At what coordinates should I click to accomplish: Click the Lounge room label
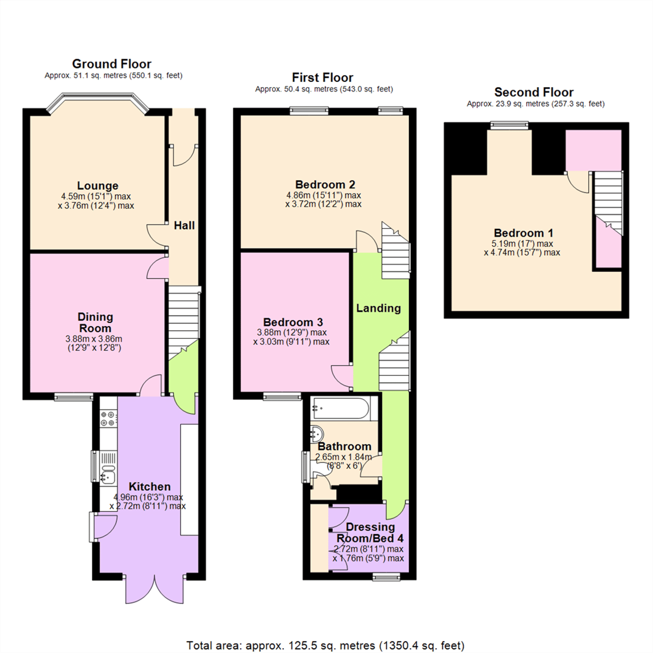pyautogui.click(x=98, y=185)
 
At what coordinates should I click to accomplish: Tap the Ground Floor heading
pyautogui.click(x=112, y=64)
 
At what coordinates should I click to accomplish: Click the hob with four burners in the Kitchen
pyautogui.click(x=108, y=419)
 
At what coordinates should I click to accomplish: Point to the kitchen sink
pyautogui.click(x=108, y=477)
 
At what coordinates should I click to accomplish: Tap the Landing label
pyautogui.click(x=378, y=308)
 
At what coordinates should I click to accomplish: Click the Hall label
pyautogui.click(x=184, y=225)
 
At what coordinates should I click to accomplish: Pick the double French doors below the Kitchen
pyautogui.click(x=155, y=590)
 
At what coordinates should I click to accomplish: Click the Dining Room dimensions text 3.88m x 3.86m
pyautogui.click(x=94, y=339)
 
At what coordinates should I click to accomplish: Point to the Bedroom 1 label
pyautogui.click(x=523, y=233)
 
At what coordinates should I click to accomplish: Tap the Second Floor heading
pyautogui.click(x=534, y=92)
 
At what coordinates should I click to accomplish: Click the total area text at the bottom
pyautogui.click(x=325, y=645)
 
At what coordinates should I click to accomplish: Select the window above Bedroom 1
pyautogui.click(x=509, y=125)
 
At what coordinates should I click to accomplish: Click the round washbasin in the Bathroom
pyautogui.click(x=317, y=434)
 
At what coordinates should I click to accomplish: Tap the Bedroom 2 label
pyautogui.click(x=325, y=184)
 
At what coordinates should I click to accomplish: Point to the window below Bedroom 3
pyautogui.click(x=282, y=397)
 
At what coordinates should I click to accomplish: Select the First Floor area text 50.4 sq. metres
pyautogui.click(x=324, y=89)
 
